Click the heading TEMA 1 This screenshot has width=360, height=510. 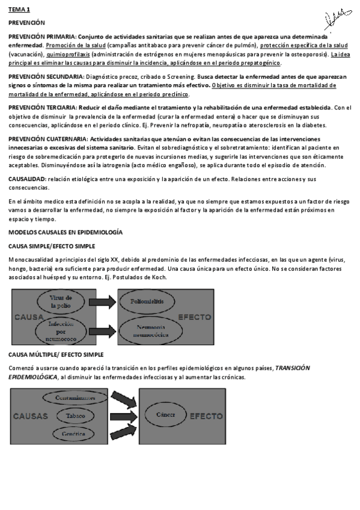click(x=19, y=10)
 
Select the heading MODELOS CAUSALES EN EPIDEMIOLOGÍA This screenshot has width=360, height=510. click(x=66, y=232)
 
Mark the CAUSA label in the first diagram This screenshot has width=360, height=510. click(x=26, y=317)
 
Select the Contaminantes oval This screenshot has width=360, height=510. click(x=75, y=398)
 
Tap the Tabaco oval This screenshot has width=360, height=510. click(x=75, y=416)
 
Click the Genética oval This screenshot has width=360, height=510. click(x=73, y=433)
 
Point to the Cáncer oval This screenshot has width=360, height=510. click(x=165, y=415)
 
